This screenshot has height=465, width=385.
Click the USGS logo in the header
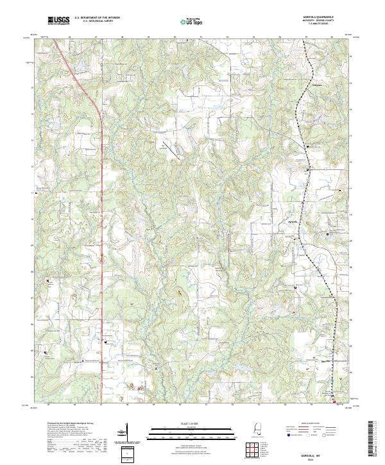[x=58, y=21]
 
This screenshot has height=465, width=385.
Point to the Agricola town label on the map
[x=292, y=222]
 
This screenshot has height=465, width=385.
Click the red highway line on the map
[x=102, y=192]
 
